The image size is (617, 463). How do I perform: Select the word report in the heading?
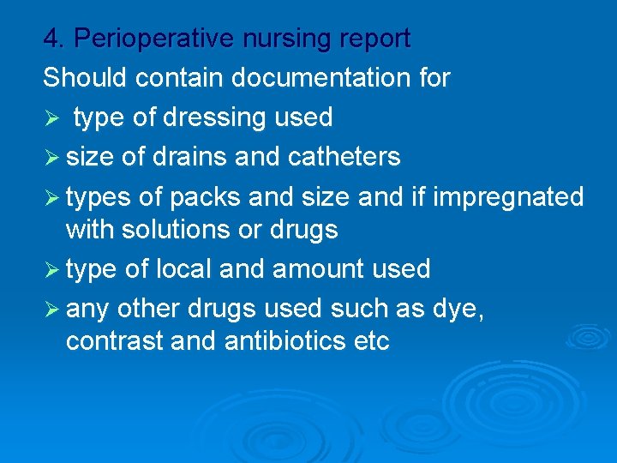click(374, 39)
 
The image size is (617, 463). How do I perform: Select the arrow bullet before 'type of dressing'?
click(51, 118)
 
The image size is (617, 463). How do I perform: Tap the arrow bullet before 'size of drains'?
click(51, 158)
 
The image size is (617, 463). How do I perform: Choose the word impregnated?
click(509, 196)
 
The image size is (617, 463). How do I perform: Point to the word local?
click(184, 269)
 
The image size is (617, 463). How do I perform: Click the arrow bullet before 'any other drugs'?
click(51, 309)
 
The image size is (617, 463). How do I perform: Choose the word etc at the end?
click(371, 341)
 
